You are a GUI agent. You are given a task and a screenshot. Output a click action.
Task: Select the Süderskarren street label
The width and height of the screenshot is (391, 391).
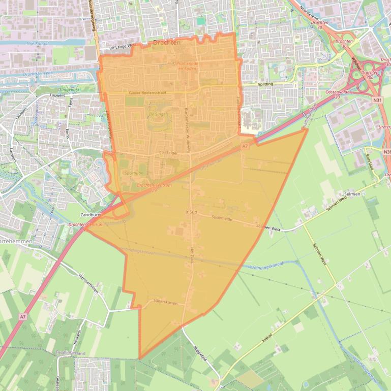[x=165, y=303]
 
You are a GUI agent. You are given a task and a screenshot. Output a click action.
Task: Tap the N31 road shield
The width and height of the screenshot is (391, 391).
[x=377, y=101]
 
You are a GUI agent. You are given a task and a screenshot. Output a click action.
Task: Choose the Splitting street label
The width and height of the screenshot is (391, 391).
[x=265, y=84]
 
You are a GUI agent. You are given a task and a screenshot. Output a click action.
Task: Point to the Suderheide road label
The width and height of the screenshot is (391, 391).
[x=221, y=219]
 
